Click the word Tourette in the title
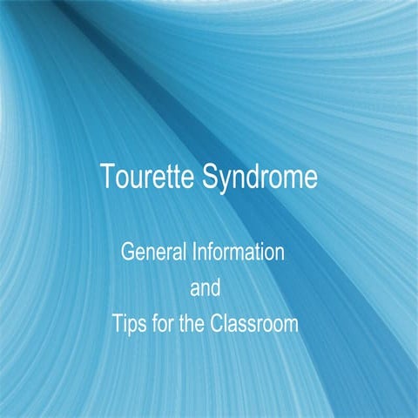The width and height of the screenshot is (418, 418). pyautogui.click(x=147, y=177)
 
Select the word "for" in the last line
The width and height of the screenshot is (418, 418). pyautogui.click(x=163, y=324)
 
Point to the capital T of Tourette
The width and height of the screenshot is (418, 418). pyautogui.click(x=107, y=177)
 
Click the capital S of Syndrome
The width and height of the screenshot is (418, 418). pyautogui.click(x=211, y=177)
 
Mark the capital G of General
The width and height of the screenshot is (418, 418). pyautogui.click(x=126, y=254)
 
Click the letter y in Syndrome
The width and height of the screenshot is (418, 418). pyautogui.click(x=226, y=180)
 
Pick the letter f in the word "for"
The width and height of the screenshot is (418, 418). pyautogui.click(x=154, y=324)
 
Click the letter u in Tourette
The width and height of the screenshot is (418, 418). pyautogui.click(x=136, y=179)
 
